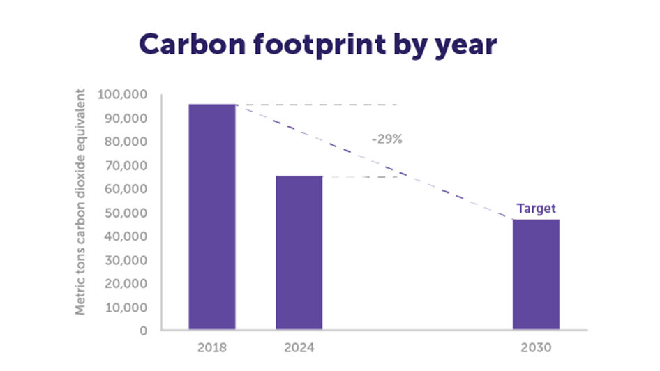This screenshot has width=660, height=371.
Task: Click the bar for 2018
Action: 212,216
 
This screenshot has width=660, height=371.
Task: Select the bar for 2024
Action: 299,252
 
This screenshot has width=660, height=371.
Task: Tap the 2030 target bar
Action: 536,274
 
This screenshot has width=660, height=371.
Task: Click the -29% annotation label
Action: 387,139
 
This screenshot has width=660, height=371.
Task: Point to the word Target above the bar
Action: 536,209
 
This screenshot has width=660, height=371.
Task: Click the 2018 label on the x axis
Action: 212,347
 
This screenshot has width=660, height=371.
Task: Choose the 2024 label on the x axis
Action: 299,347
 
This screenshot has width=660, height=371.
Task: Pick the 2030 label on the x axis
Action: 536,347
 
